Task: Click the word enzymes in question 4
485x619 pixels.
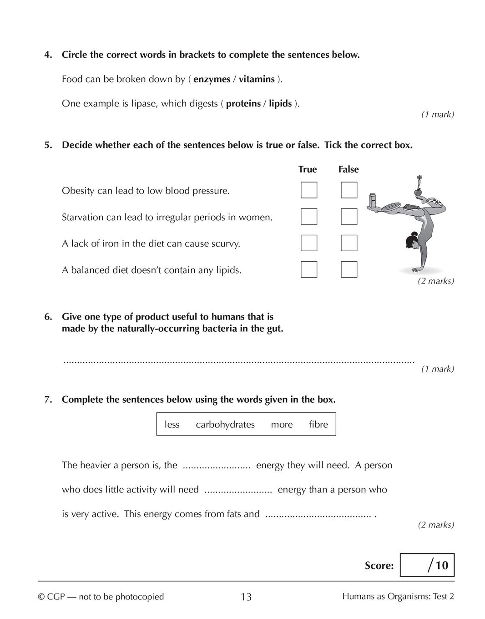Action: coord(212,79)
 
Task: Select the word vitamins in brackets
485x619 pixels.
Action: coord(257,79)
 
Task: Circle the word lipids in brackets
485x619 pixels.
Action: coord(280,104)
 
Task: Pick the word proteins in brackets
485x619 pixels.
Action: coord(243,104)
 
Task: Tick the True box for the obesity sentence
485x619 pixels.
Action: coord(309,190)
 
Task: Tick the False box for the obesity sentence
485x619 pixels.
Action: coord(349,190)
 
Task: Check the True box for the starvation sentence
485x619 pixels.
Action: coord(309,217)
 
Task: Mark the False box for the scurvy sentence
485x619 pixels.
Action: coord(349,243)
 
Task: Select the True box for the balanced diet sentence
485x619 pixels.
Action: coord(309,269)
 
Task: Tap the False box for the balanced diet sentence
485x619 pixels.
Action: coord(349,269)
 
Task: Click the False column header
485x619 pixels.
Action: coord(349,169)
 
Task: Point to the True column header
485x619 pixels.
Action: coord(308,169)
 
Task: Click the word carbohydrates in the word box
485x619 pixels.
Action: coord(225,425)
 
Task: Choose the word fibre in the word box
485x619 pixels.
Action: coord(318,425)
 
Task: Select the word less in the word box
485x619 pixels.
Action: coord(172,425)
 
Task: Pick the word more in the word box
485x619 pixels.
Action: coord(282,425)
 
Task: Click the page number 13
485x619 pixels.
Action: coord(246,597)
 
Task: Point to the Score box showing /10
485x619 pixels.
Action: coord(427,565)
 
